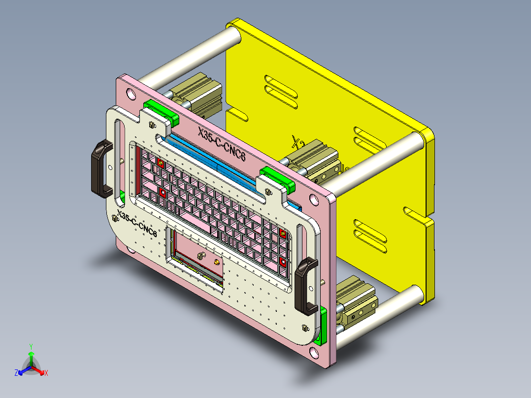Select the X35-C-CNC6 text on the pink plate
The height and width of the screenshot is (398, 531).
coord(221,143)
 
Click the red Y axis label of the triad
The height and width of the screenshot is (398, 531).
coord(31,346)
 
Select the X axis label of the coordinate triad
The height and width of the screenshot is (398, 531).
coord(46,373)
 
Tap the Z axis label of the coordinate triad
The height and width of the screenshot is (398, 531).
coord(16,373)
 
